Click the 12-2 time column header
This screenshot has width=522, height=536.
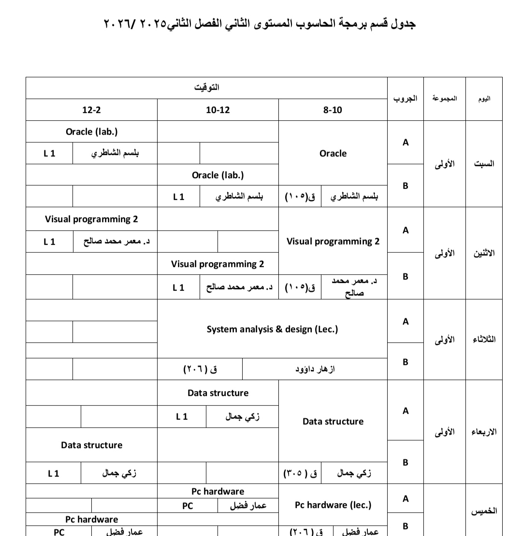pos(91,110)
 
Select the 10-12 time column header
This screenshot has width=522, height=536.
pos(218,110)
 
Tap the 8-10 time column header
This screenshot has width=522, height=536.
pos(333,110)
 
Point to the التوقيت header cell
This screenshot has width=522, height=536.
pos(206,87)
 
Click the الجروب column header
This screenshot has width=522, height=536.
pos(405,99)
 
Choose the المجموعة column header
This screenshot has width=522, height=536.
pos(445,99)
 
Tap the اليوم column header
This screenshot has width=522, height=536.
pos(484,99)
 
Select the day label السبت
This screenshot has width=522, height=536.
pos(484,163)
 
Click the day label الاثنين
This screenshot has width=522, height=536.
pos(484,253)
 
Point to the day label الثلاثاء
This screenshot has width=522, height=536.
pos(484,339)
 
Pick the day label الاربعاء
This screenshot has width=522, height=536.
pos(484,432)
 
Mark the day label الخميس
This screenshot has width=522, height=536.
pos(484,510)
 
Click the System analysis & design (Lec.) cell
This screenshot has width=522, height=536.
pos(272,329)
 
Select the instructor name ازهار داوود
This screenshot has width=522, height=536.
pos(315,369)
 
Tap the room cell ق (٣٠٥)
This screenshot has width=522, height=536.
pos(300,473)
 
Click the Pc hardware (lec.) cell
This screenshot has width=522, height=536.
pos(333,505)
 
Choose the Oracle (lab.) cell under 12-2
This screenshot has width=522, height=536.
pos(91,131)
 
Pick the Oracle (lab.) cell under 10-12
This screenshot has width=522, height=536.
pos(218,175)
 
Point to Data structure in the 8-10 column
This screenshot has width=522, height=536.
pos(333,421)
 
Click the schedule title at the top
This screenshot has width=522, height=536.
pos(260,24)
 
